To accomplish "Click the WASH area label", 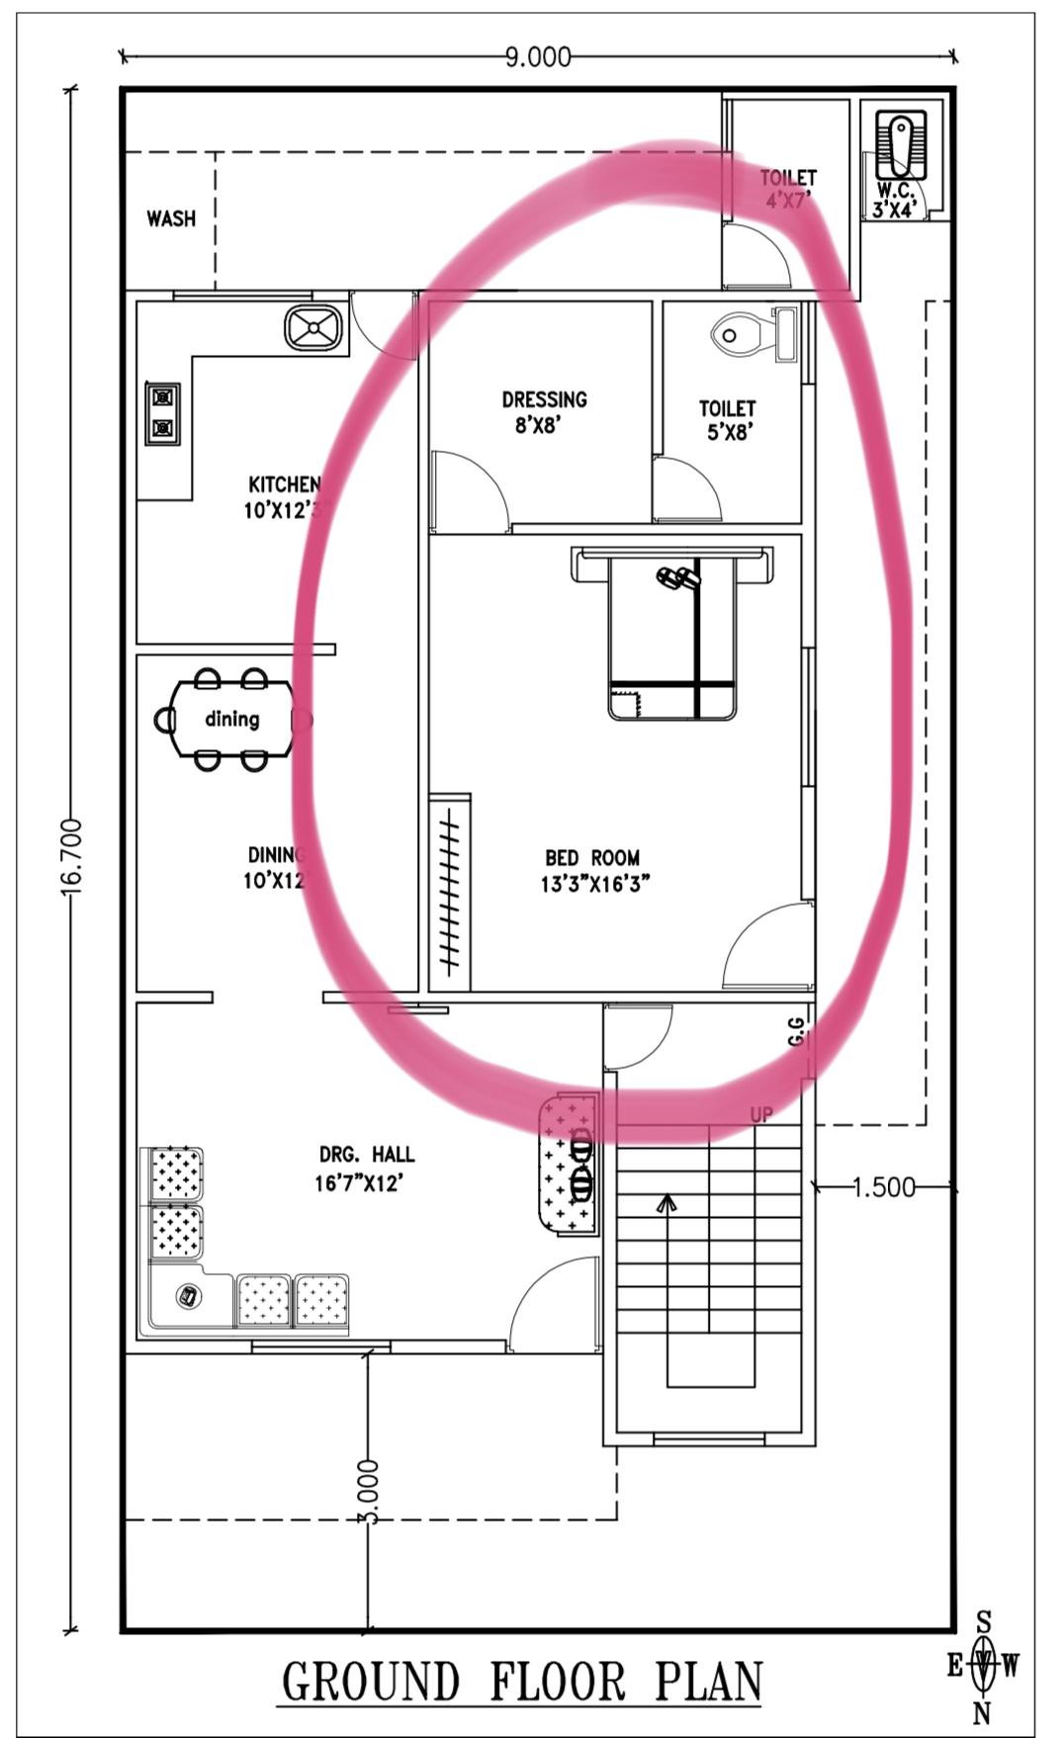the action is coord(171,218).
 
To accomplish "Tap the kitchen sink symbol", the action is coord(313,328).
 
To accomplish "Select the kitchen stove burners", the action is coord(162,413).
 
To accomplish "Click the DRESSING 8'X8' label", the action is coord(544,412).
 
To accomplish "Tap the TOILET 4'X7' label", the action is coord(788,189).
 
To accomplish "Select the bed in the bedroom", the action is coord(672,633).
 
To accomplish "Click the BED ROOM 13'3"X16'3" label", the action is coord(593,870).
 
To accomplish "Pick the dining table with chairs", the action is coord(233,719).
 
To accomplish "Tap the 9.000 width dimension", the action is coord(538,57).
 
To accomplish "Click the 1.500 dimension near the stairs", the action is coord(884,1187).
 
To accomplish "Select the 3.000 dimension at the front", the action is coord(368,1492).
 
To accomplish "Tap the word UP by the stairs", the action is coord(761,1114).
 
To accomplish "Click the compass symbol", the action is coord(983,1666).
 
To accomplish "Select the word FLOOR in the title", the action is coord(558,1682).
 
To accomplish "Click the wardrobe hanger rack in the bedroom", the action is coord(451,893).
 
